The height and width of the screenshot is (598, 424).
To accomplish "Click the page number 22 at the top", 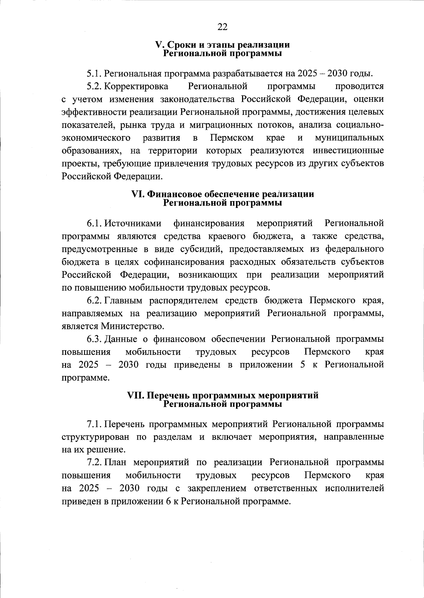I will [223, 27].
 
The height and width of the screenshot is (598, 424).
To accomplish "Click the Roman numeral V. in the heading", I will [159, 45].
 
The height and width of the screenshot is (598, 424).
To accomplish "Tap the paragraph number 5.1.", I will [94, 74].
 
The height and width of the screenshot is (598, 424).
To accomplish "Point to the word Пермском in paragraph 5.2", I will [231, 138].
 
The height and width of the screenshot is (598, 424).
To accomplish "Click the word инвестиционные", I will [348, 151].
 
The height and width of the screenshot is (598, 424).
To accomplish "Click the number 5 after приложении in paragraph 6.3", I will [302, 365].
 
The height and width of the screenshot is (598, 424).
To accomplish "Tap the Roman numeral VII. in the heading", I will [135, 395].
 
